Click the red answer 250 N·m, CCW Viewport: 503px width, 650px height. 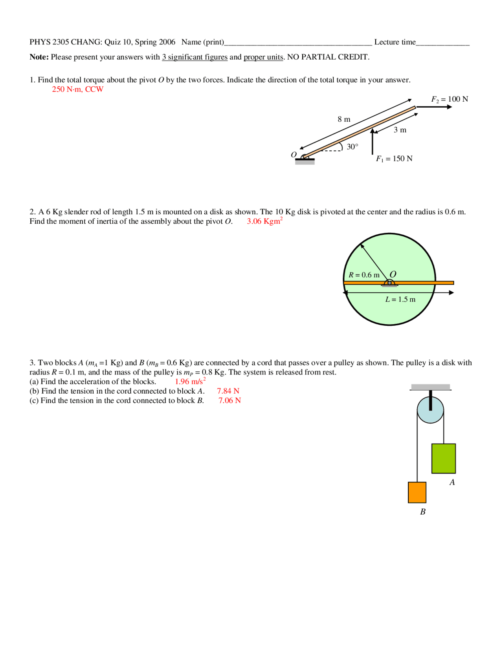[x=77, y=89]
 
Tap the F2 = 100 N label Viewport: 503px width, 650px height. [x=449, y=99]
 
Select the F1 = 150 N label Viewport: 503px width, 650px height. [x=394, y=159]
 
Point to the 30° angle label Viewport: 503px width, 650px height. [x=352, y=147]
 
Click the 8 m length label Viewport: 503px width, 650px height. [x=344, y=119]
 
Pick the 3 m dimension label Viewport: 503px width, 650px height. [x=400, y=130]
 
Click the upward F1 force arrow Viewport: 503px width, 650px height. [x=373, y=141]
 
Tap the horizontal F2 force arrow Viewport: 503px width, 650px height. [x=434, y=107]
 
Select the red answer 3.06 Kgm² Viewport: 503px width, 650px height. [x=264, y=221]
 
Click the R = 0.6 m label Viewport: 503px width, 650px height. [x=364, y=275]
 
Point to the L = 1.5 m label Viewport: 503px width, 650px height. [x=400, y=299]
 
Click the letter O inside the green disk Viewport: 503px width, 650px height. [x=393, y=274]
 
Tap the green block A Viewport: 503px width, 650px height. [x=443, y=458]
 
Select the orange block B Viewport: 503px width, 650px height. [x=417, y=492]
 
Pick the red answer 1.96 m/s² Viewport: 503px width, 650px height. [x=190, y=382]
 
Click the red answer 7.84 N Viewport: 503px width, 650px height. [x=228, y=391]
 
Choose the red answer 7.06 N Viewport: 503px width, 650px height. [x=229, y=400]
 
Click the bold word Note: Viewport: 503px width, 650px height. [x=39, y=57]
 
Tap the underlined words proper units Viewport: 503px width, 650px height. [x=263, y=57]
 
